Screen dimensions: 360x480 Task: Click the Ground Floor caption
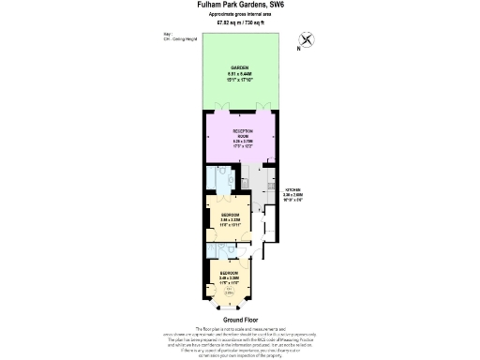[x=239, y=319]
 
